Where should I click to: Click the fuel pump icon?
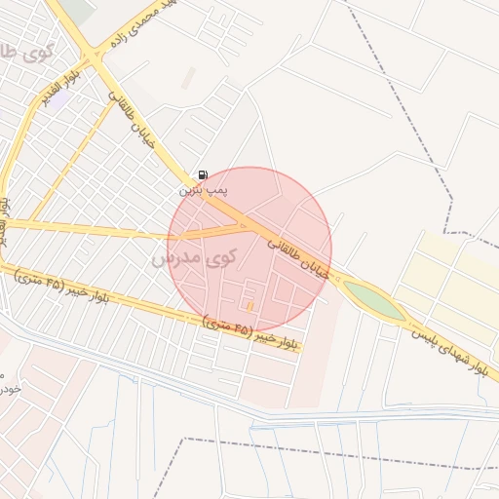pos(203,174)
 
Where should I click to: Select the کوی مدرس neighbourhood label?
pos(195,259)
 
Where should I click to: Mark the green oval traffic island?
pos(374,301)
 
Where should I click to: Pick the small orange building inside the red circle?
pos(249,306)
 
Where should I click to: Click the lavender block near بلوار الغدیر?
pos(59,98)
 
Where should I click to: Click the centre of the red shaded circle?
pos(249,249)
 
